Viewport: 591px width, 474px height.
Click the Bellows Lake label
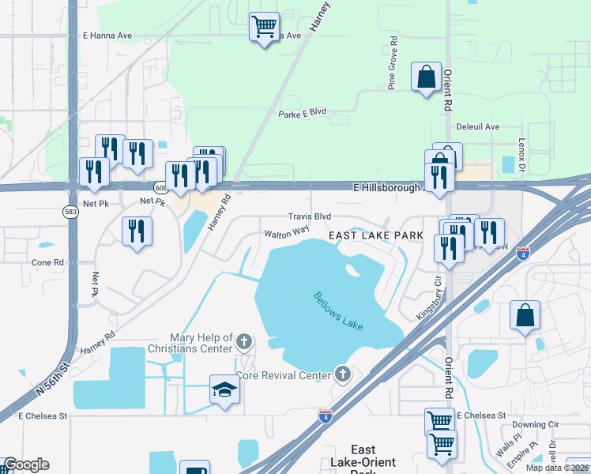coord(338,310)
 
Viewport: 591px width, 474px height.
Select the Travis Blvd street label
coord(309,216)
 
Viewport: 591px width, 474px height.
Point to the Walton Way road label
coord(286,232)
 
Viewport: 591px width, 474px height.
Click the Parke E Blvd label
coord(302,113)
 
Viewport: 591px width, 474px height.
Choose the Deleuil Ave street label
coord(478,126)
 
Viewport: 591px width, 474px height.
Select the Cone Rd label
coord(47,262)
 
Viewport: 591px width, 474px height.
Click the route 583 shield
coord(70,212)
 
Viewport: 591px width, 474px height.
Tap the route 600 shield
coord(161,188)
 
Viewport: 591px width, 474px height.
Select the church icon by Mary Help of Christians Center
coord(244,343)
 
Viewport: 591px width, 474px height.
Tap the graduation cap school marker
coord(225,389)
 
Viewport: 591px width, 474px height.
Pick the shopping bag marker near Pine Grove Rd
coord(426,77)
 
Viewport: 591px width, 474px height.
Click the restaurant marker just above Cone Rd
coord(137,231)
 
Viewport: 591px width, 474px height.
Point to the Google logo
coord(26,465)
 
